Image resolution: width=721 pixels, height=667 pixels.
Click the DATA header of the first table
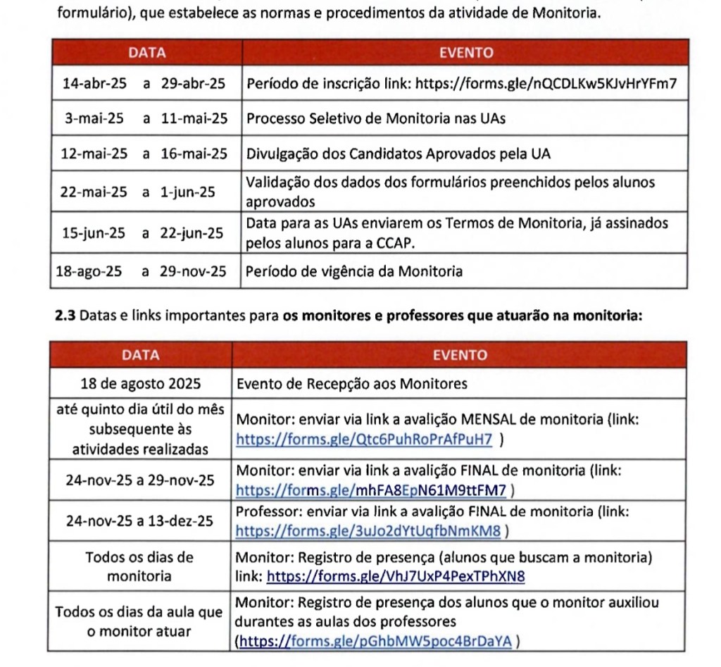tap(146, 53)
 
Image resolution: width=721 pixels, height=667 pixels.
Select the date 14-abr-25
tap(94, 84)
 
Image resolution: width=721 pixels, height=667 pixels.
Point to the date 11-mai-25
tap(194, 118)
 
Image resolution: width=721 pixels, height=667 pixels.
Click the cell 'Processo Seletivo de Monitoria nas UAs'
tap(375, 118)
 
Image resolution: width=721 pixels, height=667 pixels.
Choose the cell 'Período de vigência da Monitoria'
tap(354, 271)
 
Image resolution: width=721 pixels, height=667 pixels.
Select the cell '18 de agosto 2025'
tap(142, 384)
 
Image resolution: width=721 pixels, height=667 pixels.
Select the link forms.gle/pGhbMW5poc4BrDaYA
tap(377, 641)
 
